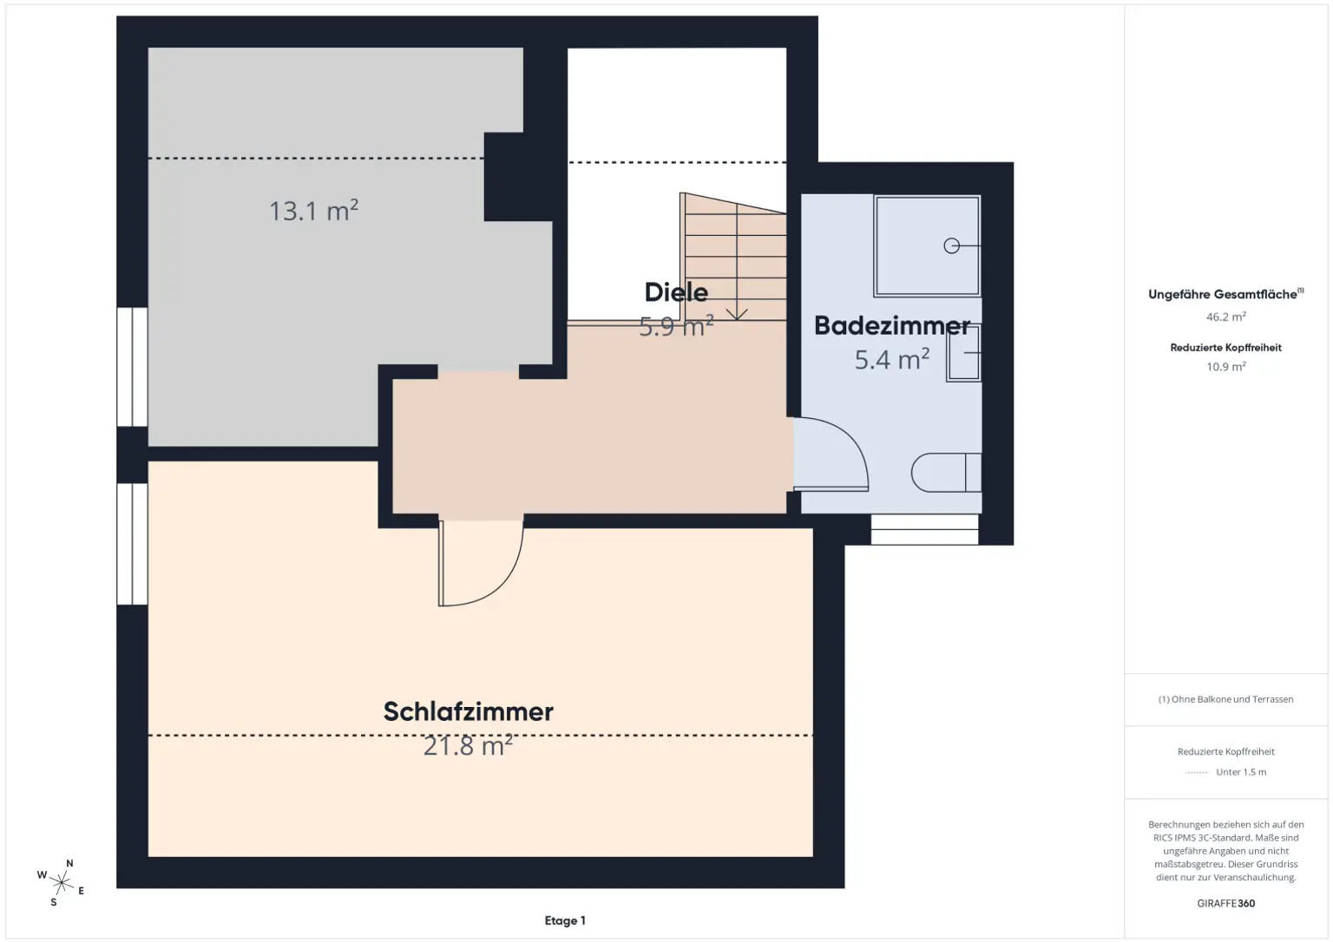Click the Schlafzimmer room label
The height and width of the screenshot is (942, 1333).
coord(468,711)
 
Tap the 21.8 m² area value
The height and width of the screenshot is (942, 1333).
coord(468,746)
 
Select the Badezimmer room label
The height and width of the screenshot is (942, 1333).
coord(891,326)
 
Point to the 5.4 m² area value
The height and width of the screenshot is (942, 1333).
coord(891,359)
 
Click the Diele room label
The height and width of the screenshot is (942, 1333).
coord(676,292)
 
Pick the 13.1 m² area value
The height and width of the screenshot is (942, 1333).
coord(313,211)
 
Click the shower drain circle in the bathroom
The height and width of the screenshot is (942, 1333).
coord(951,246)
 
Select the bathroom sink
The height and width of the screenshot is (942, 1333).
coord(963,353)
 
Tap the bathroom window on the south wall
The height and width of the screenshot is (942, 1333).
coord(924,530)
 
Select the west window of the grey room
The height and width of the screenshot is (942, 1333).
coord(132,367)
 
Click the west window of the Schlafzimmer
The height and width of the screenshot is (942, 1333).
coord(132,544)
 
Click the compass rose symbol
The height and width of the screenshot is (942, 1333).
coord(61,883)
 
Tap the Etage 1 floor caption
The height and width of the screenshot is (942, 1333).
coord(565,921)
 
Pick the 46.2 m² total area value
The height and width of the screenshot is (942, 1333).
coord(1225,317)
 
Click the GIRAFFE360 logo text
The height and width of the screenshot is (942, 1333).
coord(1225,903)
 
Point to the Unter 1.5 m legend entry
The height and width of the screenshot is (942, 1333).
coord(1240,772)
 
